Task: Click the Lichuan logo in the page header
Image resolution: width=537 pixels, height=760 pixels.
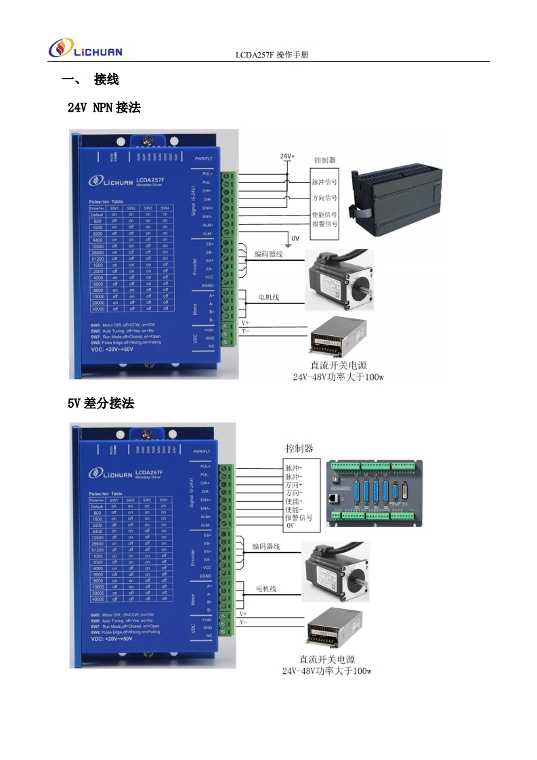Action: coord(85,49)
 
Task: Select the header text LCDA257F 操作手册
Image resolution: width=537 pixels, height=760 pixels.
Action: coord(272,54)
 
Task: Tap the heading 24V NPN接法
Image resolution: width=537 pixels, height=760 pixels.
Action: coord(104,107)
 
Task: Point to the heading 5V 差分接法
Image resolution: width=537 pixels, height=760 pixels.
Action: coord(101,404)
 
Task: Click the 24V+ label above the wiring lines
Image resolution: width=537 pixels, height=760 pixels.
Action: coord(287,156)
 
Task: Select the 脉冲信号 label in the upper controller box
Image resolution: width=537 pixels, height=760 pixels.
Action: coord(324,182)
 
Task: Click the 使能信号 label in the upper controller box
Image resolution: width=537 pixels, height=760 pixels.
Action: coord(324,215)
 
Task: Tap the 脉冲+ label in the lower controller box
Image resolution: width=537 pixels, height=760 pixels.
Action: coord(294,468)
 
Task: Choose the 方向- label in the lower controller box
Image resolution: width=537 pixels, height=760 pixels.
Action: coord(294,493)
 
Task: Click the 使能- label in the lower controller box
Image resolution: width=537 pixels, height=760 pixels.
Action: coord(294,509)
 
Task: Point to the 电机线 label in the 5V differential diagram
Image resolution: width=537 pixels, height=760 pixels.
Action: coord(265,589)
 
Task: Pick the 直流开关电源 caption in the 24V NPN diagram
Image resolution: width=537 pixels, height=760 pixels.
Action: coord(339,365)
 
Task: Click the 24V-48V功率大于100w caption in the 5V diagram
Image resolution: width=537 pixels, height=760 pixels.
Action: coord(327,671)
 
